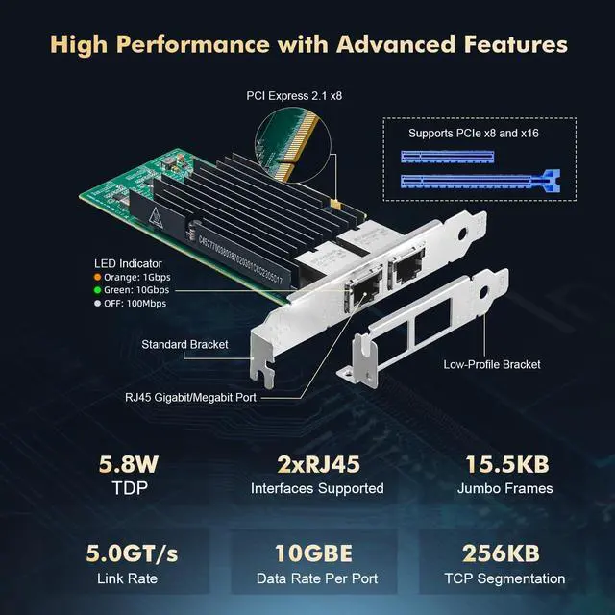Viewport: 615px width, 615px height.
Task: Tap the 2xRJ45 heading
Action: (317, 466)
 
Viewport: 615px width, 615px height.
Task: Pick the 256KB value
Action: (504, 554)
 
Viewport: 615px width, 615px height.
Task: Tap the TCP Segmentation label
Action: (505, 578)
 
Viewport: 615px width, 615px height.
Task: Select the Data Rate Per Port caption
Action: (317, 578)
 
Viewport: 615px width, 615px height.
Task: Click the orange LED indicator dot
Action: (98, 278)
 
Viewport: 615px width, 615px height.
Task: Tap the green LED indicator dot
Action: (98, 290)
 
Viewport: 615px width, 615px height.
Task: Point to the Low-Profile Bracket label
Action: (492, 364)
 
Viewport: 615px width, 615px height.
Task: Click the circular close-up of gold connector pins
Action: (295, 145)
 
